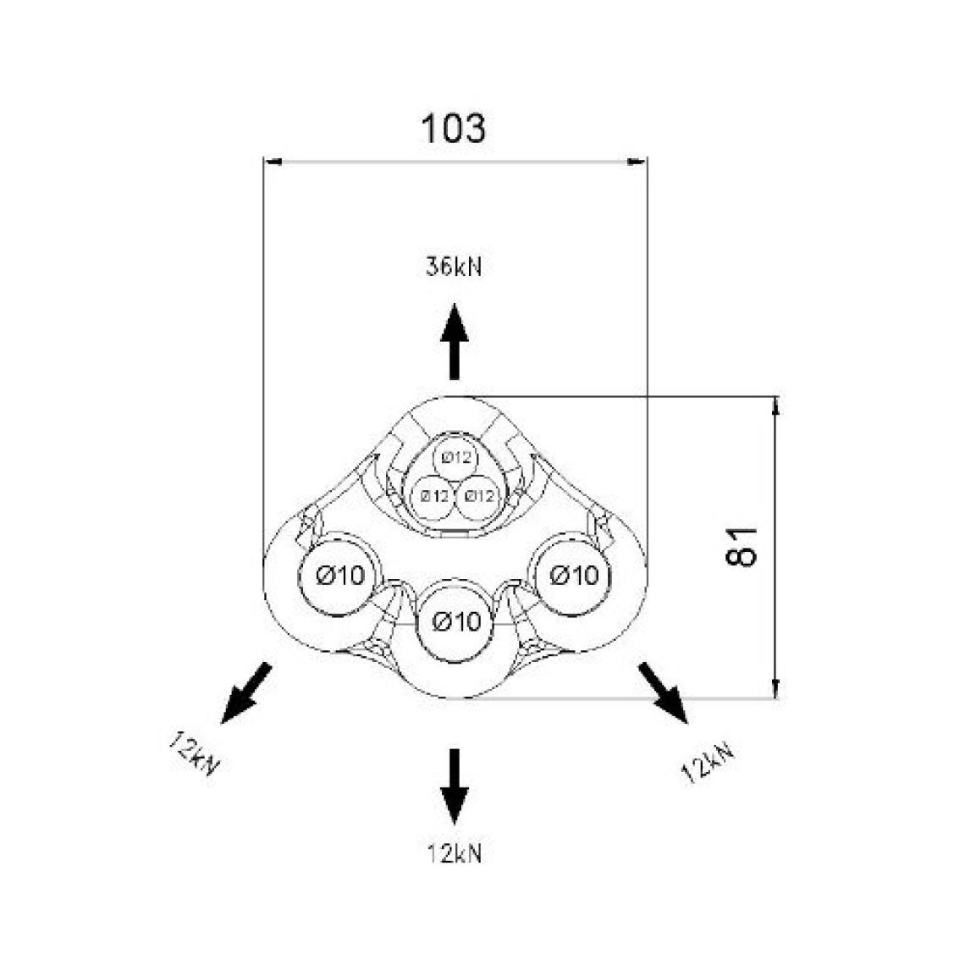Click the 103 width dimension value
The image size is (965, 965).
pyautogui.click(x=454, y=129)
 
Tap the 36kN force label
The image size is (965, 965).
pyautogui.click(x=454, y=267)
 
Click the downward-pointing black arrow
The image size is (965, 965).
pyautogui.click(x=454, y=786)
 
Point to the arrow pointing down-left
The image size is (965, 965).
pyautogui.click(x=245, y=693)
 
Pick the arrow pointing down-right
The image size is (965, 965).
pyautogui.click(x=663, y=692)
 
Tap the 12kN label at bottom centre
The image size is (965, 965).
pyautogui.click(x=454, y=852)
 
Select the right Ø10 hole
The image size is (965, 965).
pyautogui.click(x=573, y=576)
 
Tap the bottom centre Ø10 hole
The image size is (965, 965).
pyautogui.click(x=456, y=622)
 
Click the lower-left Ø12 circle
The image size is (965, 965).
pyautogui.click(x=433, y=495)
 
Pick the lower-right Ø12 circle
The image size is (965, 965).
pyautogui.click(x=477, y=495)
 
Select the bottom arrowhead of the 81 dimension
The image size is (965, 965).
pyautogui.click(x=776, y=690)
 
